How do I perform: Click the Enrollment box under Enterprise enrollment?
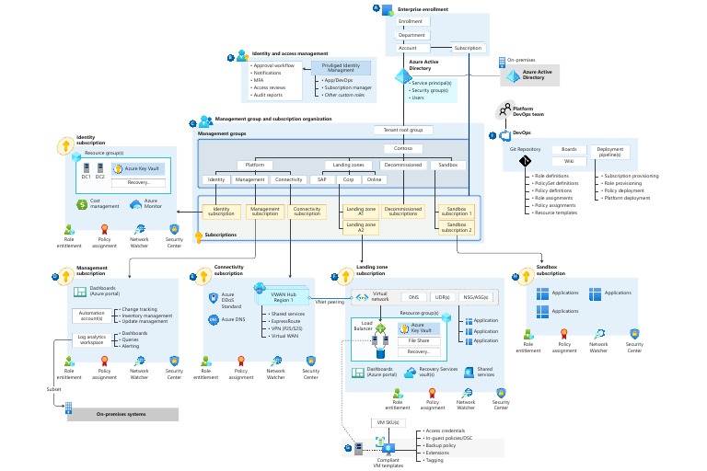411,21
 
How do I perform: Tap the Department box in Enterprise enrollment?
411,34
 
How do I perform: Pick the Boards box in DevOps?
568,149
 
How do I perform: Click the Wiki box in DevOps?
568,161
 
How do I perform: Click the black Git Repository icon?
526,162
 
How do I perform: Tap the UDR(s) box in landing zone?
441,297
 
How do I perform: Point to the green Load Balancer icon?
380,329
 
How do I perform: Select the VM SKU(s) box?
387,421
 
